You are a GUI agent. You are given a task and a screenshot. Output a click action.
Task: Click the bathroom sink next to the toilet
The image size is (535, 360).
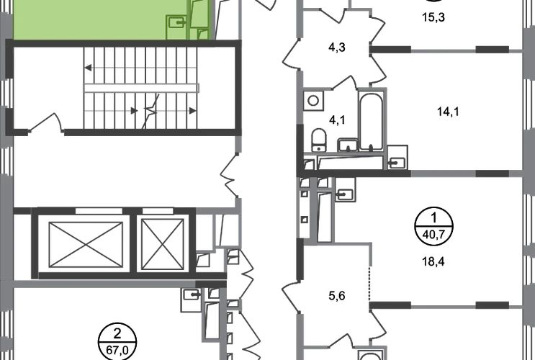[346, 143]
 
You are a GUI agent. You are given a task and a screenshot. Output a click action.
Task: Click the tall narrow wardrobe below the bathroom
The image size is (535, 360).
[325, 216]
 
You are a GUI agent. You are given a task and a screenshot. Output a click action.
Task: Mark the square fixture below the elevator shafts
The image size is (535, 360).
[190, 299]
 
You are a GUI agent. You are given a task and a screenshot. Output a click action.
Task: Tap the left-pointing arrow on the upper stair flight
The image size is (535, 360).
[89, 69]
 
